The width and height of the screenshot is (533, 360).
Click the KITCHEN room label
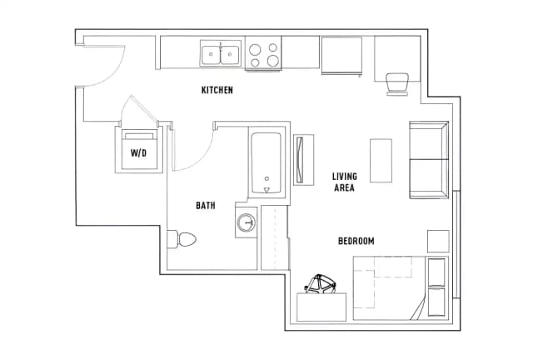tap(217, 90)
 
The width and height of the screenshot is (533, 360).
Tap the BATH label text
tap(206, 206)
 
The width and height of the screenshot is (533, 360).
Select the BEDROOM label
tap(356, 241)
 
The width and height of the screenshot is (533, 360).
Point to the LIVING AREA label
tap(345, 182)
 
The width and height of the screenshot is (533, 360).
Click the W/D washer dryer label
tap(139, 153)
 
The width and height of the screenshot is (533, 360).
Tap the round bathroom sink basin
tap(246, 222)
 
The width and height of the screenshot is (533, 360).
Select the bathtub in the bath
tap(266, 162)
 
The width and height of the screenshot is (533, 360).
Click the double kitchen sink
tap(221, 53)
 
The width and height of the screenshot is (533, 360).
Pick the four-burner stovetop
tap(263, 53)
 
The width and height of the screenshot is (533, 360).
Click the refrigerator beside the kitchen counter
tap(341, 55)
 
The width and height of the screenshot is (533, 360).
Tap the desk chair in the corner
tap(397, 84)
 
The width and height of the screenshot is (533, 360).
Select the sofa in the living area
tap(429, 160)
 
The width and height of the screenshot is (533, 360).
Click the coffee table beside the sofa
tap(381, 161)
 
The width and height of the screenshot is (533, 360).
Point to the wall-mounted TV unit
tap(303, 160)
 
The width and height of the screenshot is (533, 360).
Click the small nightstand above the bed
tap(438, 241)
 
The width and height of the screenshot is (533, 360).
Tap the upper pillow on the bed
tap(436, 272)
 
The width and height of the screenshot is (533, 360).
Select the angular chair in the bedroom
tap(320, 284)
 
